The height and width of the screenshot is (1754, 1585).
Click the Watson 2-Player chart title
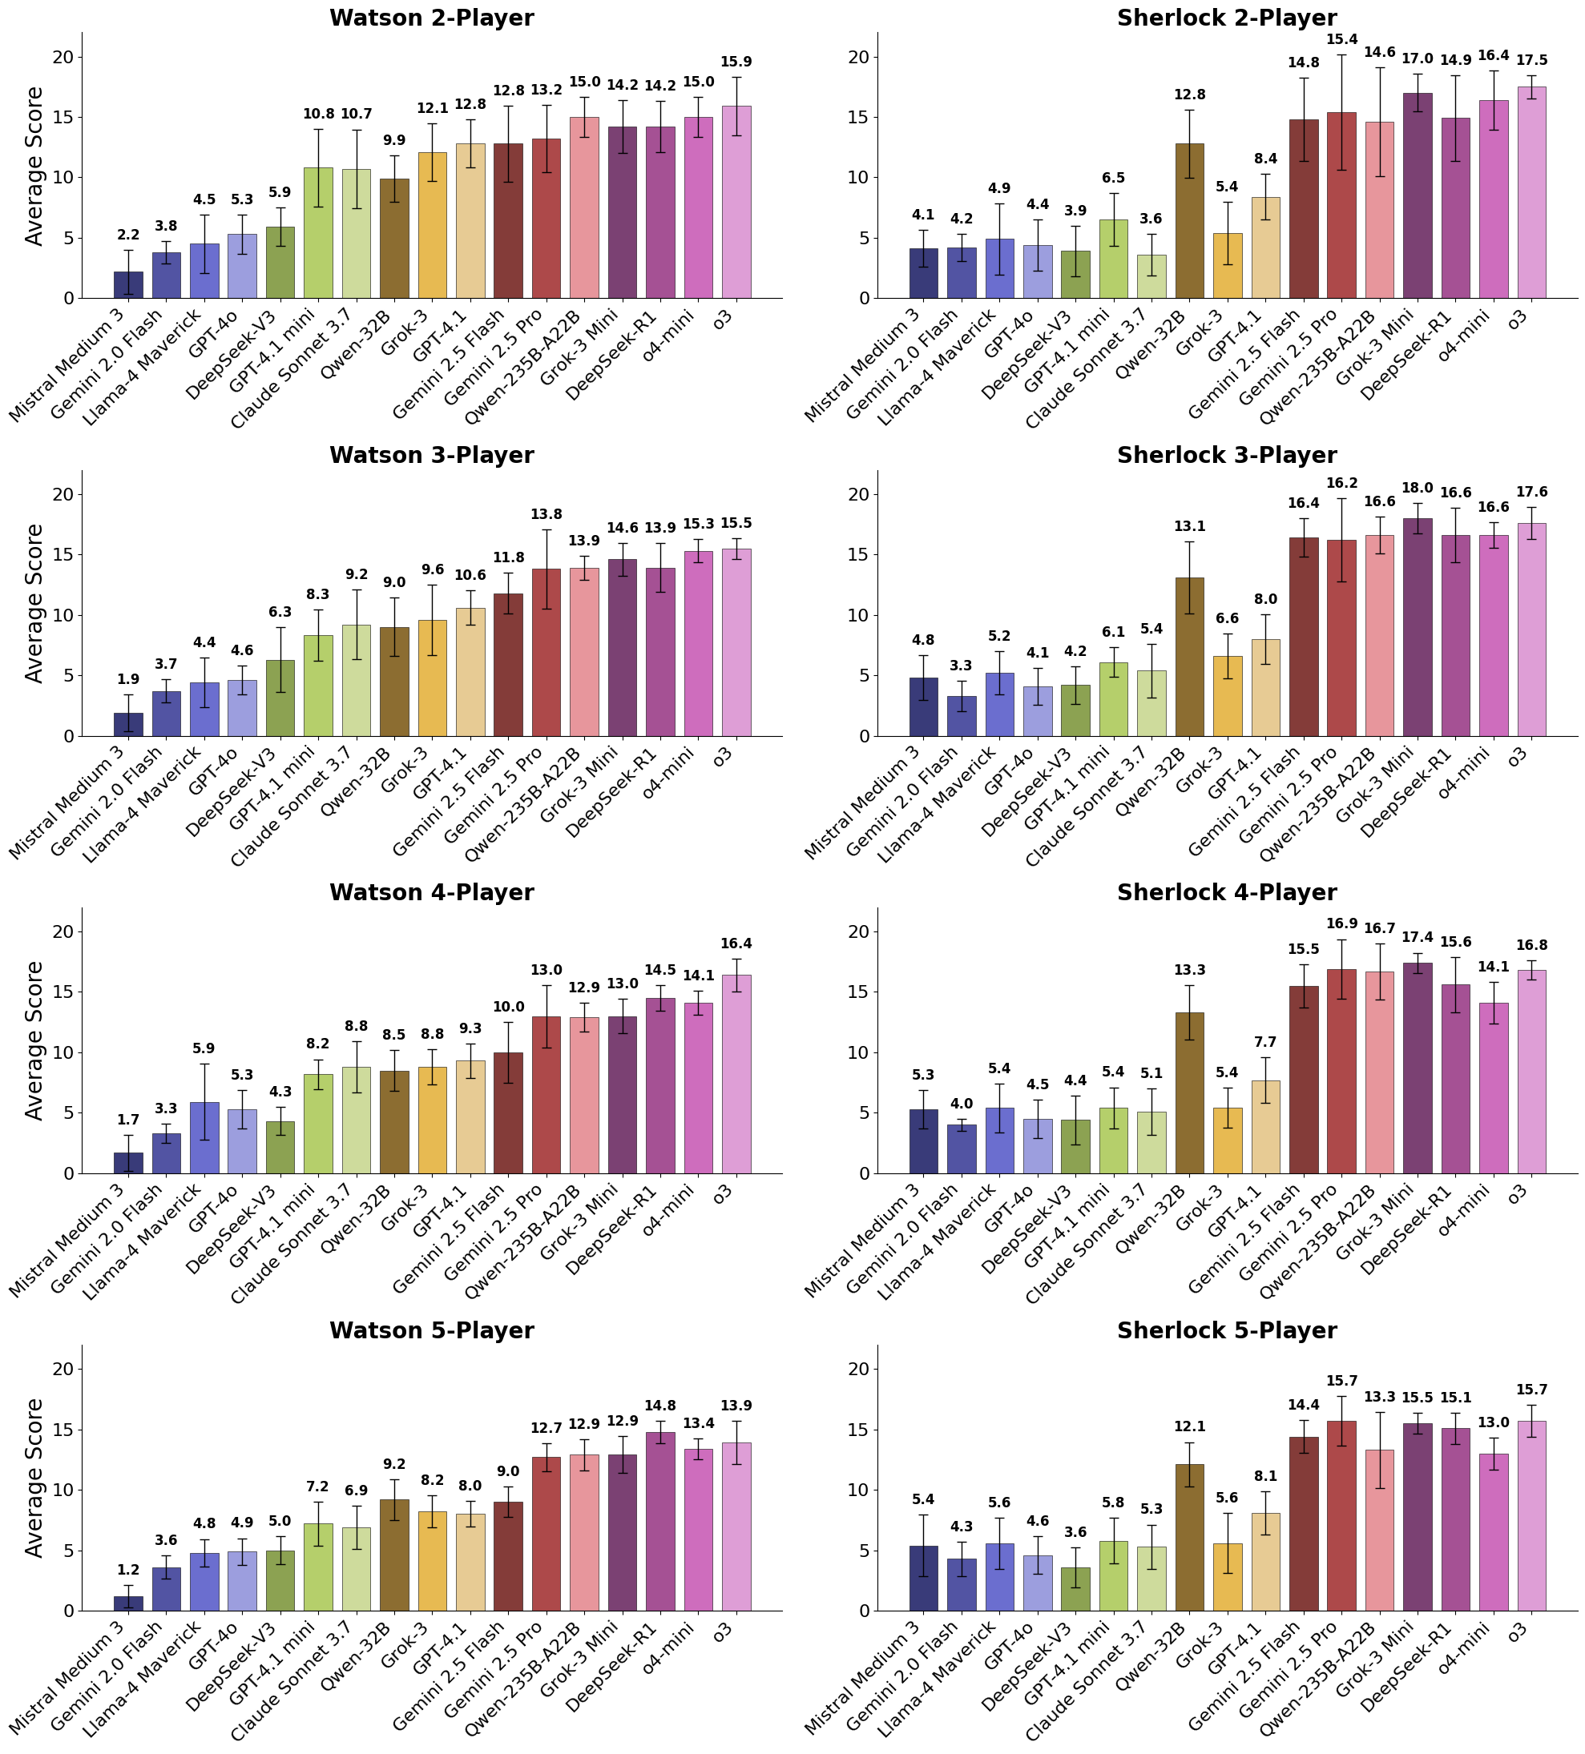click(431, 18)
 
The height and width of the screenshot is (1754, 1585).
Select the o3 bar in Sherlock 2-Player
click(1531, 192)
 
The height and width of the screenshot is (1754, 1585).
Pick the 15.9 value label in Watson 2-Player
click(736, 62)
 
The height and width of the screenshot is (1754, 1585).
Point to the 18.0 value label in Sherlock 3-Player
click(1417, 488)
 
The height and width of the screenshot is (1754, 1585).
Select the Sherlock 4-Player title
click(1226, 893)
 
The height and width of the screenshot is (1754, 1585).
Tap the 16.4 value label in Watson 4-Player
click(736, 944)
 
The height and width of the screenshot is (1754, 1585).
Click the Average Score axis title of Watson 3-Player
click(34, 603)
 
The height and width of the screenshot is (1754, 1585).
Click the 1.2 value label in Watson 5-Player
click(129, 1571)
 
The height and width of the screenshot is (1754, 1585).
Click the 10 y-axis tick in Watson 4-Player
click(65, 1052)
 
